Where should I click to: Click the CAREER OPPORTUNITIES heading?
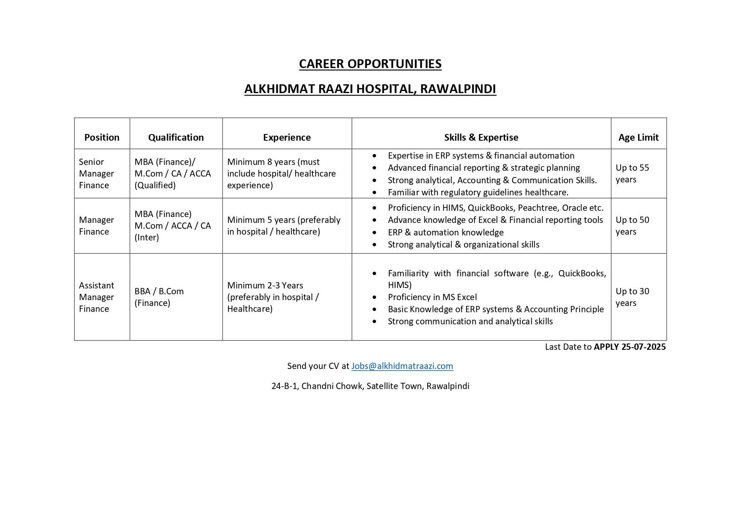point(370,64)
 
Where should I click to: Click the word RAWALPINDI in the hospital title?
point(458,89)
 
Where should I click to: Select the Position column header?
point(102,137)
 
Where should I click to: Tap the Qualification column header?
point(176,137)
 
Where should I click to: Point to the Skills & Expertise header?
point(481,137)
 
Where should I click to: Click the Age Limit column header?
point(638,137)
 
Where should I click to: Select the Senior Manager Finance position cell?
point(96,173)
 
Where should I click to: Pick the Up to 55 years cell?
point(632,173)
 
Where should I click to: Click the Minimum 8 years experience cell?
point(281,173)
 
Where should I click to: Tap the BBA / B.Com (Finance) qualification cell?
point(159,297)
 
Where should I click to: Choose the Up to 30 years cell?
point(632,297)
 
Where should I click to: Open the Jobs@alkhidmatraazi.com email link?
point(402,366)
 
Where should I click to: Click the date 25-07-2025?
point(643,347)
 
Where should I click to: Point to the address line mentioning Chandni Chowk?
point(370,386)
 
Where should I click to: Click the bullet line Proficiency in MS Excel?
point(432,297)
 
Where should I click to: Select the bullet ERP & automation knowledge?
point(446,232)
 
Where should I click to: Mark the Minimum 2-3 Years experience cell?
point(273,297)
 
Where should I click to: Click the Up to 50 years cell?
point(632,225)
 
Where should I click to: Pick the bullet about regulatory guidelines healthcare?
point(478,192)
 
